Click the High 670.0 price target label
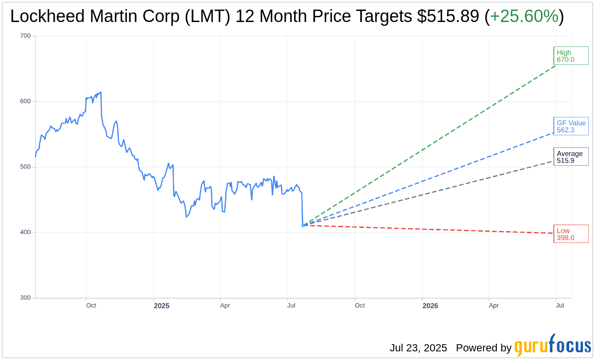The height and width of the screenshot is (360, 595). [x=571, y=56]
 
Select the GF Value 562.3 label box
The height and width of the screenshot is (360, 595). [x=571, y=126]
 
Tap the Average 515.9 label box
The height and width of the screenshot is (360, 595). [x=571, y=157]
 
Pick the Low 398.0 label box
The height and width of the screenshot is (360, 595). [x=571, y=234]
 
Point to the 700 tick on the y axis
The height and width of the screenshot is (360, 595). [x=25, y=36]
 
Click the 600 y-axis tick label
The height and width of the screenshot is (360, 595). [x=25, y=101]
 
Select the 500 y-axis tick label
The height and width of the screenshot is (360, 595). [x=25, y=167]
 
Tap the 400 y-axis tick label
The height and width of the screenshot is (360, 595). [x=25, y=232]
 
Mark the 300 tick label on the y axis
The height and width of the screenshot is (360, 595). [x=25, y=298]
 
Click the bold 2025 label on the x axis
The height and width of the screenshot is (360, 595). [x=161, y=306]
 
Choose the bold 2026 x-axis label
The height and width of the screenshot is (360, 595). [x=430, y=306]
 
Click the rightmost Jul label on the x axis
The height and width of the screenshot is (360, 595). [x=560, y=305]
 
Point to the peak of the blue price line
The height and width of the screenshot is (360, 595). [x=101, y=92]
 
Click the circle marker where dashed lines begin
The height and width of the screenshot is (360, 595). [x=303, y=225]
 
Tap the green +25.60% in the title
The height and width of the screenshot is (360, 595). [x=524, y=17]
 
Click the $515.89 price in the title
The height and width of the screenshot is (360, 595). [x=448, y=17]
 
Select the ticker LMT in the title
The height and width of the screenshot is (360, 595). [x=211, y=17]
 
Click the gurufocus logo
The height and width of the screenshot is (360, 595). [x=553, y=346]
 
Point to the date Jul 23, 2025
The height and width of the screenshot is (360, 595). [x=418, y=348]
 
